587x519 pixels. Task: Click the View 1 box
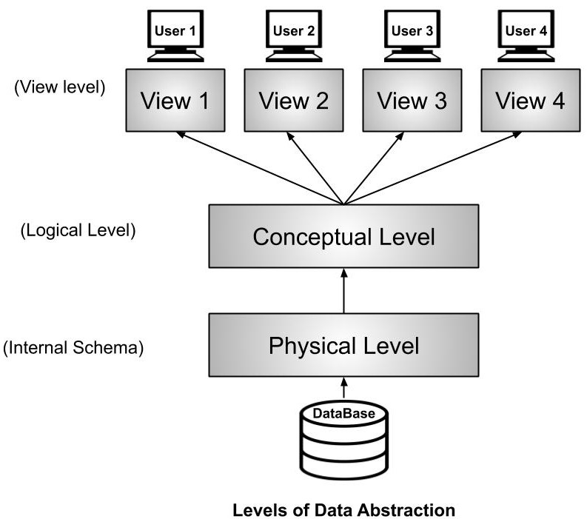(175, 100)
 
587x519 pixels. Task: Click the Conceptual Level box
(343, 237)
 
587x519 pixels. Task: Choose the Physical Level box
(343, 345)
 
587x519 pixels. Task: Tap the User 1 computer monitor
(175, 33)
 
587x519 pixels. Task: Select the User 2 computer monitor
(293, 33)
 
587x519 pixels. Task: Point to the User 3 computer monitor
(412, 33)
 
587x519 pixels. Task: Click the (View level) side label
(60, 87)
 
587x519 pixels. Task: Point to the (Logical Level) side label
(78, 230)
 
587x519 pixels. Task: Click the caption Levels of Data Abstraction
(343, 510)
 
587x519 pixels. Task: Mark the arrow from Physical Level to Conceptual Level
(343, 291)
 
